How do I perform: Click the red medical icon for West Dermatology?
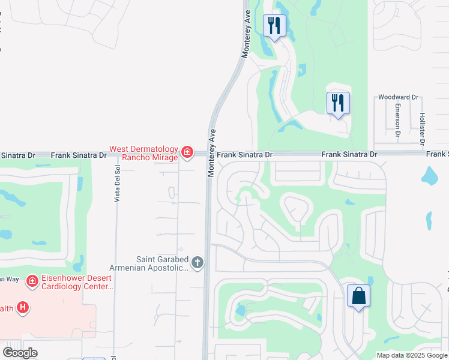tap(187, 153)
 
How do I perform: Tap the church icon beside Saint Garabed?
tap(197, 262)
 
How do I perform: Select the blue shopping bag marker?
tap(358, 296)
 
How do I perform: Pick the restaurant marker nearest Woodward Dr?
tap(339, 103)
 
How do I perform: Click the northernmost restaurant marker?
tap(274, 26)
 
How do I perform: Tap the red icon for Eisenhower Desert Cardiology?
tap(32, 280)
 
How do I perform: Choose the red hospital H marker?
tap(23, 308)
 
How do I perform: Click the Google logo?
tap(20, 353)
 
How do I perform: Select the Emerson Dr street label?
tap(397, 119)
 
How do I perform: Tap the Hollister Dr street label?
tap(422, 128)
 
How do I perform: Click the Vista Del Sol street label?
tap(118, 184)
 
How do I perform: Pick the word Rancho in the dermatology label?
tap(135, 158)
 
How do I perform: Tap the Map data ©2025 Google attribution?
tap(412, 355)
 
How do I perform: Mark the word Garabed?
tap(172, 259)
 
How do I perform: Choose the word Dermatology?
tap(157, 149)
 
